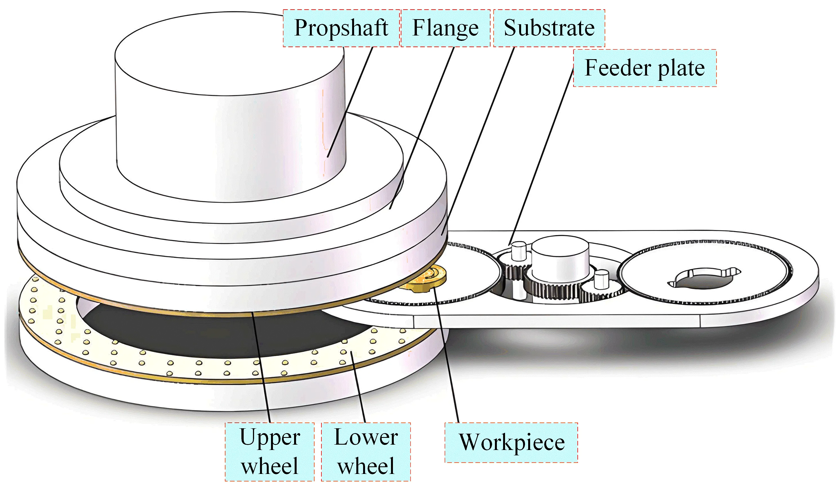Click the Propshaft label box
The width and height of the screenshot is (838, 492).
coord(341,28)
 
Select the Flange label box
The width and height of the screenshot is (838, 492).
coord(445,28)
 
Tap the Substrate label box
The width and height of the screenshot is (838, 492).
coord(549,28)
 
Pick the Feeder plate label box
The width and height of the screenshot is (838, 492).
coord(644,68)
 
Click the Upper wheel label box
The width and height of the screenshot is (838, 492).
coord(269,451)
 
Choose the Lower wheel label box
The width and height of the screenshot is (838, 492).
coord(366,451)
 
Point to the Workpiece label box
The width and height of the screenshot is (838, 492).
coord(512,442)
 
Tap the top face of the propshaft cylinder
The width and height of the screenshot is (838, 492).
coord(230,53)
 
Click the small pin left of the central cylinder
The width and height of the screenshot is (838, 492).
coord(518,251)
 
